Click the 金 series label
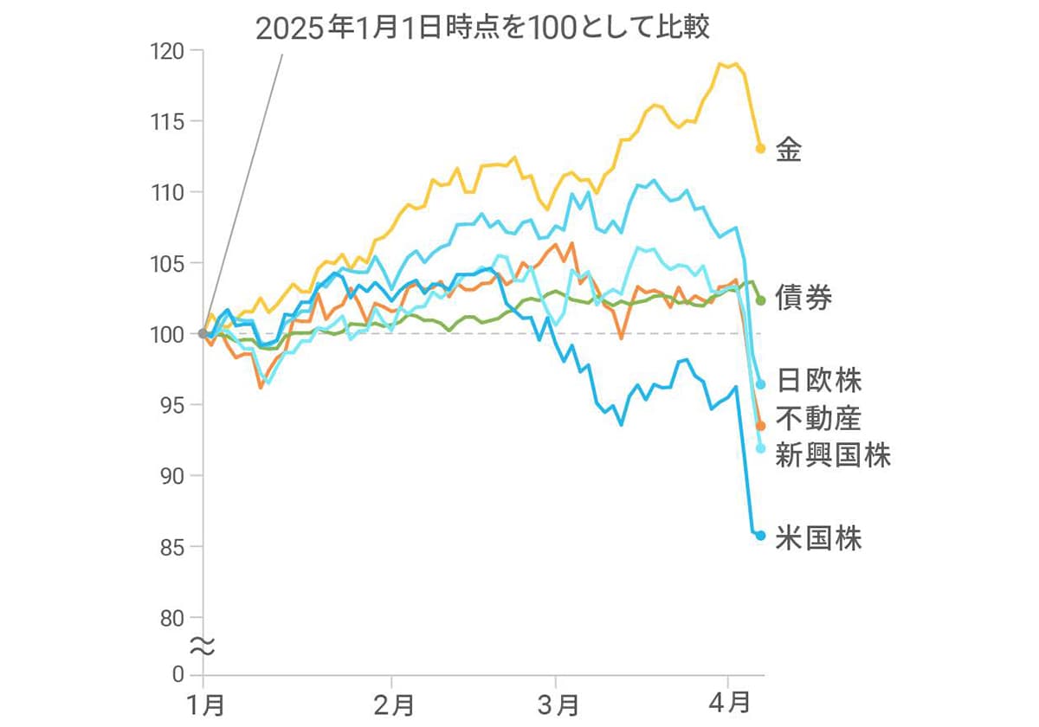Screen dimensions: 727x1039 [789, 150]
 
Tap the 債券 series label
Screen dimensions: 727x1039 [804, 299]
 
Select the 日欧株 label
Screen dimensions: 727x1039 [818, 380]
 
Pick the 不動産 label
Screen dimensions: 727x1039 [818, 418]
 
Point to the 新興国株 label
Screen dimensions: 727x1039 [833, 455]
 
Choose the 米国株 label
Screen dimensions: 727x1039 [818, 538]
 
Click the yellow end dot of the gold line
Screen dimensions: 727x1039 [761, 148]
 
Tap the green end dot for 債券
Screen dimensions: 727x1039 [761, 300]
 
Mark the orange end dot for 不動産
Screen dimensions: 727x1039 [761, 426]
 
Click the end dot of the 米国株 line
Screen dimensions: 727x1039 [761, 536]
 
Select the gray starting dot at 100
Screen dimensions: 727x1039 [203, 333]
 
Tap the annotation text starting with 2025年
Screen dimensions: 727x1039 [483, 29]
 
